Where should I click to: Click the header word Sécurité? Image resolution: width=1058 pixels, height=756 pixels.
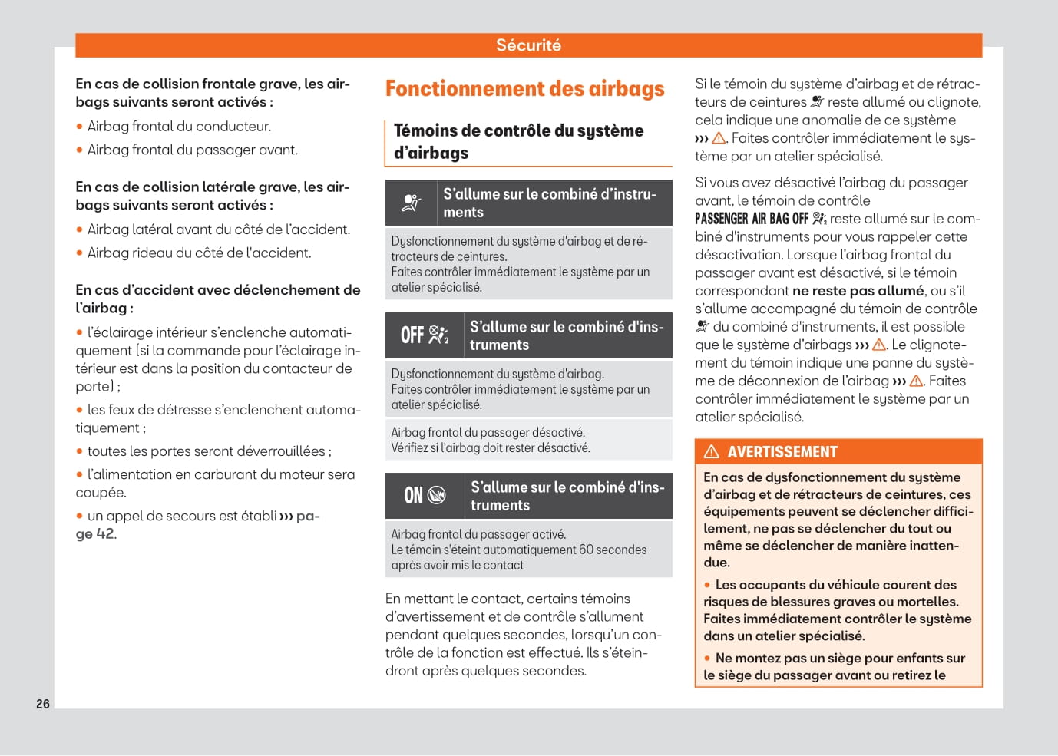pyautogui.click(x=528, y=45)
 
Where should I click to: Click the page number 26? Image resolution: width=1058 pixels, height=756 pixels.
pyautogui.click(x=43, y=704)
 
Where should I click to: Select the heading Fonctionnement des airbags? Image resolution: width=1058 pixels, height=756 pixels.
pyautogui.click(x=524, y=89)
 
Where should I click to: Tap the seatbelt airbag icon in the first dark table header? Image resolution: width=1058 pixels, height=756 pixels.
pyautogui.click(x=412, y=203)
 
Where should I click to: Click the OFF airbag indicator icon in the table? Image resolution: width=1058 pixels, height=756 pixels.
pyautogui.click(x=425, y=335)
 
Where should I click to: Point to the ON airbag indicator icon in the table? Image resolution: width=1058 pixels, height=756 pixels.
pyautogui.click(x=425, y=496)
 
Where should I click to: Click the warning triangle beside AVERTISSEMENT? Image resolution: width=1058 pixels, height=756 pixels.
pyautogui.click(x=712, y=451)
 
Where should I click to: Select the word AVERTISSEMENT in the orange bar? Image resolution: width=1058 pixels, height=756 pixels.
pyautogui.click(x=782, y=452)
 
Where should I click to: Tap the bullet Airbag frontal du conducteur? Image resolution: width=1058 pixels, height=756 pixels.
pyautogui.click(x=179, y=127)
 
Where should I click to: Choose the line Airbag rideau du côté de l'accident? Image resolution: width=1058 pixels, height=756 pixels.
pyautogui.click(x=199, y=253)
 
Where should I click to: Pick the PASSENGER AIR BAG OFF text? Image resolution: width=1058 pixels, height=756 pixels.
pyautogui.click(x=751, y=219)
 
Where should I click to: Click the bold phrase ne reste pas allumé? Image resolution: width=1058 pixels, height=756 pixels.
pyautogui.click(x=858, y=291)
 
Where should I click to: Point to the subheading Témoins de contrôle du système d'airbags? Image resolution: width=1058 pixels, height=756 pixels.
pyautogui.click(x=518, y=142)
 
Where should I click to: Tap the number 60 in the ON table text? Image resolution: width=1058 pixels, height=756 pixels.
pyautogui.click(x=586, y=550)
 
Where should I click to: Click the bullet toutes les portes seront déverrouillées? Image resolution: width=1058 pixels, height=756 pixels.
pyautogui.click(x=209, y=451)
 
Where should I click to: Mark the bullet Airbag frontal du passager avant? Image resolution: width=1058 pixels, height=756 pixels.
pyautogui.click(x=192, y=150)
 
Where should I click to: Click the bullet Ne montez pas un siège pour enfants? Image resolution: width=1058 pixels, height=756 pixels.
pyautogui.click(x=840, y=659)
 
